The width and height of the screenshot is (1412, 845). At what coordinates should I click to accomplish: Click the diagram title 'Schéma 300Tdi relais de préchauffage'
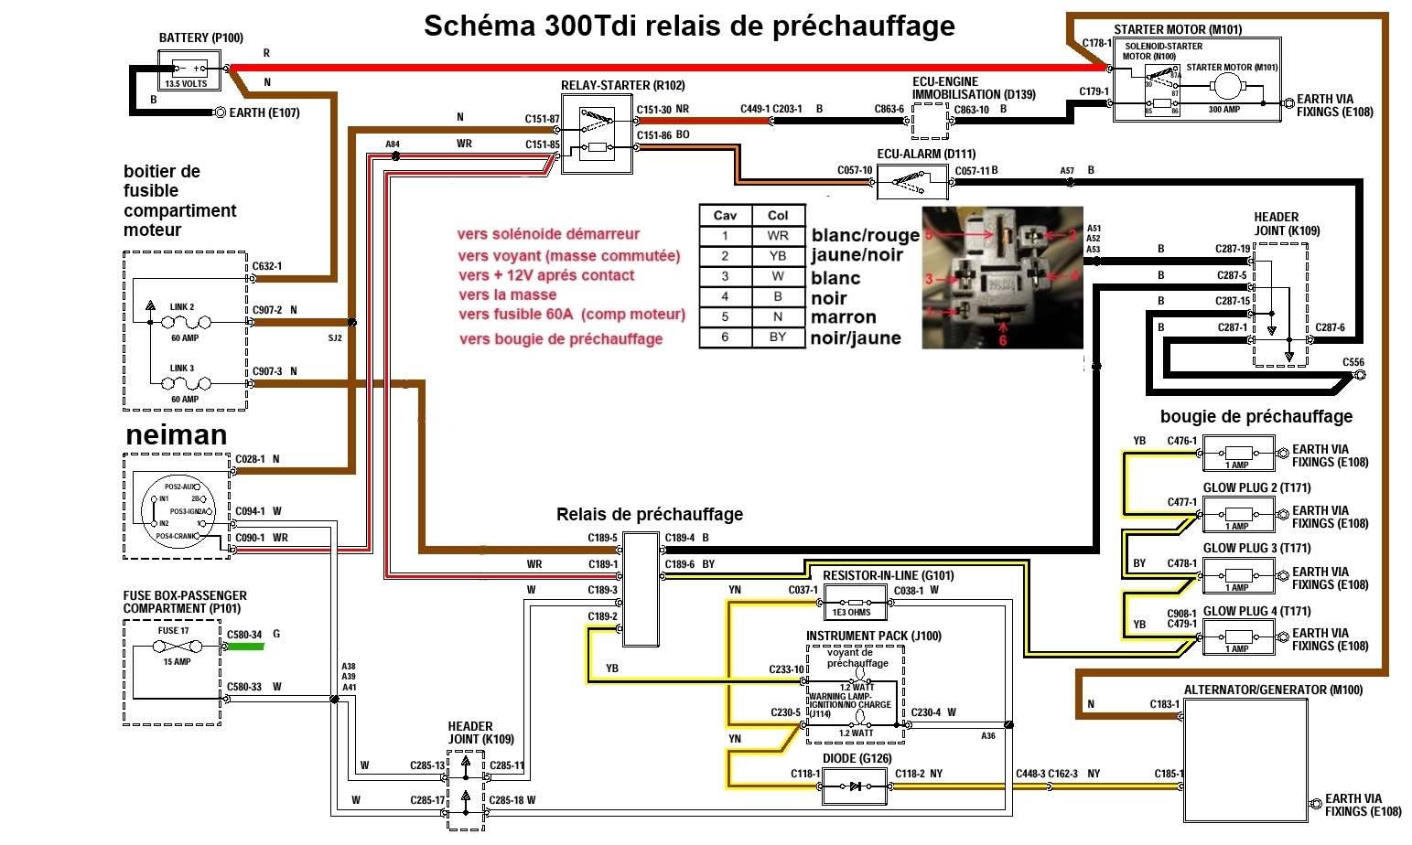689,27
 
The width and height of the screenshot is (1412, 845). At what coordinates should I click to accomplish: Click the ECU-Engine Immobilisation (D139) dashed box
930,120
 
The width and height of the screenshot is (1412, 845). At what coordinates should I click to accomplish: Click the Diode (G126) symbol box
855,786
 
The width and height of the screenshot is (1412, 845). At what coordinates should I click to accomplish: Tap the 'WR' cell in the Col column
778,235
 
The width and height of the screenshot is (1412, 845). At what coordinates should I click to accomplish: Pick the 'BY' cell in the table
778,337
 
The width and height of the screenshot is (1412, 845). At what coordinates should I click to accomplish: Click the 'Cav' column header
725,215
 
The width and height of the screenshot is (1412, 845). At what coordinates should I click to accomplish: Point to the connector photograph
1002,277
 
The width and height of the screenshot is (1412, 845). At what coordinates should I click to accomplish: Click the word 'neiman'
177,435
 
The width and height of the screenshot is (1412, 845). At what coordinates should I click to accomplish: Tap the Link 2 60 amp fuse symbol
185,322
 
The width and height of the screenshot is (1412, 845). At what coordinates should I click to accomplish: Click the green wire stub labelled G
245,647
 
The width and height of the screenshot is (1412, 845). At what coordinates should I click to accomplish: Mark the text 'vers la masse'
508,294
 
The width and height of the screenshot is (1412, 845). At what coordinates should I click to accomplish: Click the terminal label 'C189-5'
602,538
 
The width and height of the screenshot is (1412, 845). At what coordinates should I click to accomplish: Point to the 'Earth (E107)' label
264,112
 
